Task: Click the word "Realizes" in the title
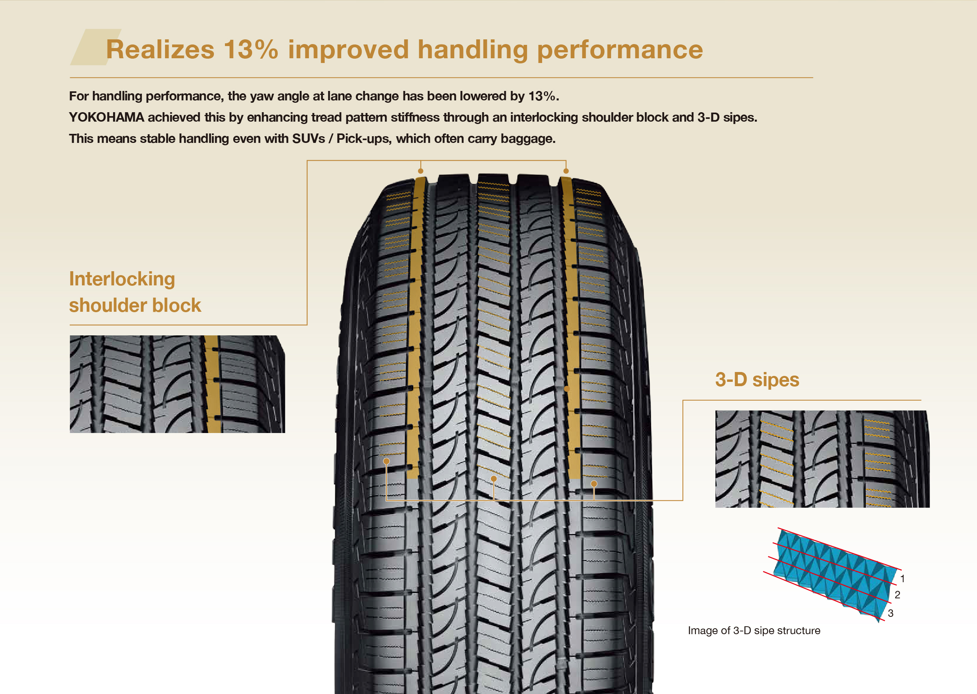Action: click(160, 50)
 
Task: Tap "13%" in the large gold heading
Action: click(251, 50)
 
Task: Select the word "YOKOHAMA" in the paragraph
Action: click(106, 117)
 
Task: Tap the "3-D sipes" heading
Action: click(757, 379)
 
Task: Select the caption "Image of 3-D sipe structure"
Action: click(754, 630)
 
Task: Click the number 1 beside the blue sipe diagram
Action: click(902, 579)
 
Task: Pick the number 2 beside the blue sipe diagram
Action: click(897, 595)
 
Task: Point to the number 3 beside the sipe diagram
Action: click(890, 613)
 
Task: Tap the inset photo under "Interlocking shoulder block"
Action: click(177, 384)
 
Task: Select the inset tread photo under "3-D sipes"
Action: click(822, 459)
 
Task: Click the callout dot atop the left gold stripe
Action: click(421, 171)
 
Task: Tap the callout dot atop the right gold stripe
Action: click(566, 171)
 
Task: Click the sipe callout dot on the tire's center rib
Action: click(494, 479)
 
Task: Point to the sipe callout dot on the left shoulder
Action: click(386, 461)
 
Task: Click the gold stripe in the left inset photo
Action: click(212, 384)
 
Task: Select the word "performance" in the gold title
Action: click(620, 50)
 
